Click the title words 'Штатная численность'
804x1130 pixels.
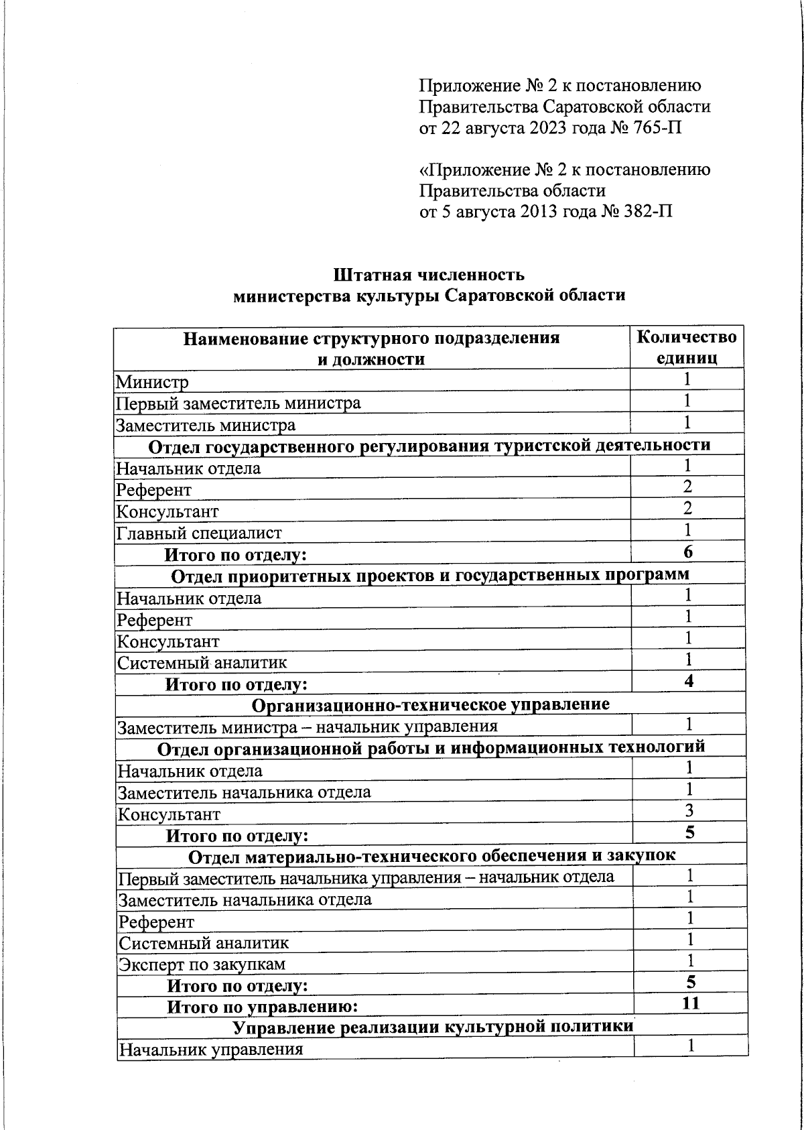point(429,275)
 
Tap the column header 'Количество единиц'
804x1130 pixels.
point(686,347)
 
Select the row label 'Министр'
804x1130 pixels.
point(152,382)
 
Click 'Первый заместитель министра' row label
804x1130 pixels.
point(239,403)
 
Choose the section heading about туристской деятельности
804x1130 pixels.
point(429,446)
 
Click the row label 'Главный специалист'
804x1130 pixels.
point(199,533)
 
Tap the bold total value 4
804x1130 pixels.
point(689,682)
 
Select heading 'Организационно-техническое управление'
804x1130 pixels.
point(431,705)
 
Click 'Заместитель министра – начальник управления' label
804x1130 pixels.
point(308,727)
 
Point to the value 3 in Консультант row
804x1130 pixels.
point(689,811)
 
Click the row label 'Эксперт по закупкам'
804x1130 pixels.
point(202,964)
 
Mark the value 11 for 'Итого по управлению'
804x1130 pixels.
point(690,1003)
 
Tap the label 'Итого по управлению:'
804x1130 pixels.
point(262,1007)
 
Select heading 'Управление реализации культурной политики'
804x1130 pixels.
point(433,1027)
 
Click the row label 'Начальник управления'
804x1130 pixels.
point(210,1050)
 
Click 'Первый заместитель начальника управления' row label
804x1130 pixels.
point(366,877)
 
